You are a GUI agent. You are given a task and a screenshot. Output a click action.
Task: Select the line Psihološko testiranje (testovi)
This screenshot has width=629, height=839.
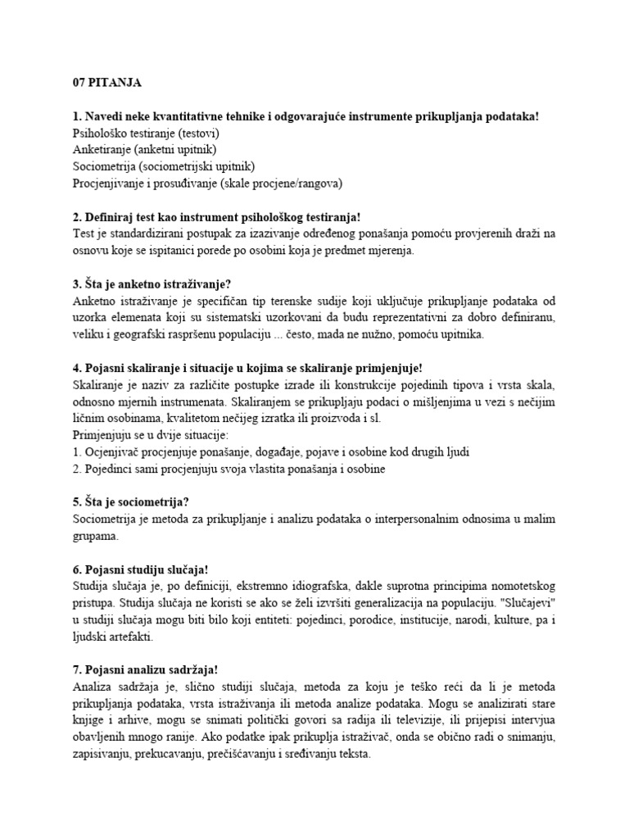click(145, 134)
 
